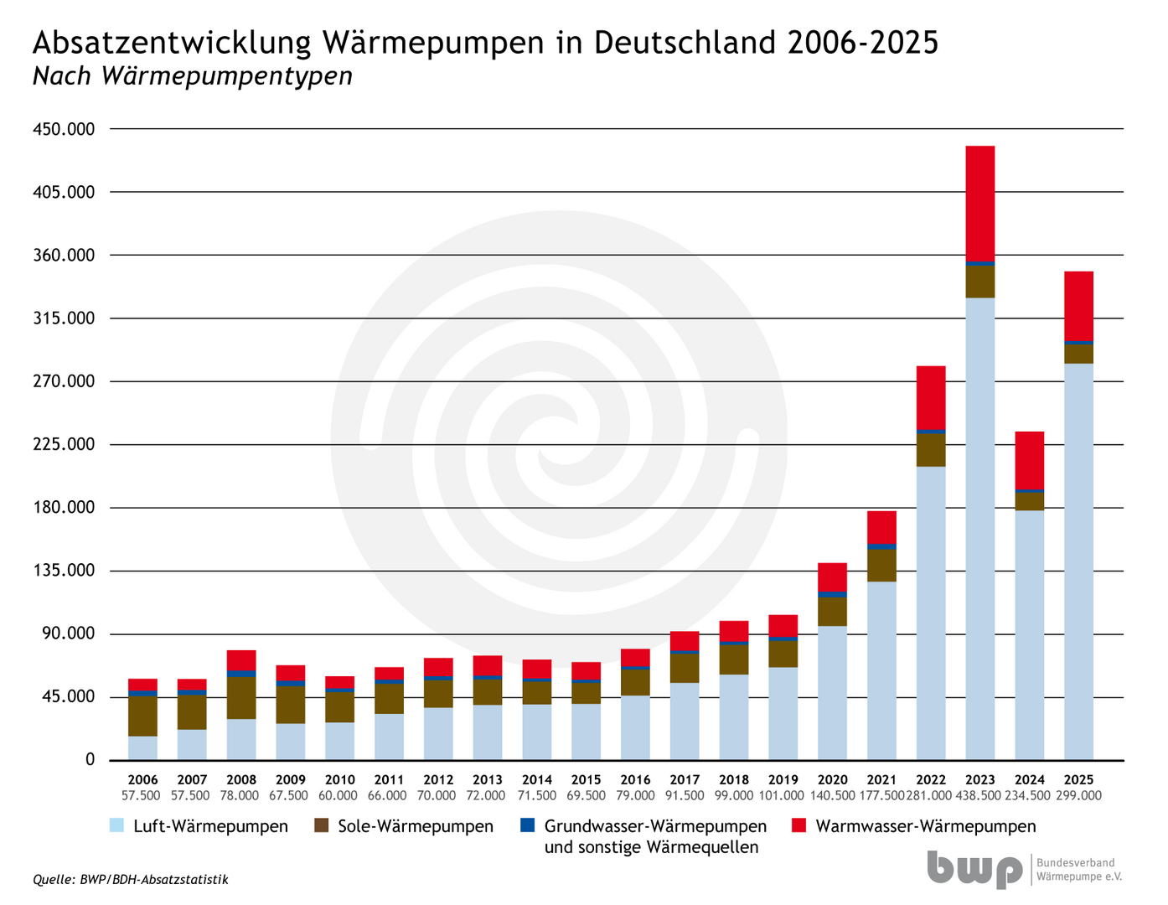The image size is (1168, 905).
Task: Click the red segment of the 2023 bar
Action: click(x=979, y=204)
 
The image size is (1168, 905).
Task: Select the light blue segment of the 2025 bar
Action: click(x=1078, y=561)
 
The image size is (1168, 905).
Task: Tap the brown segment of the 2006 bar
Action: click(x=142, y=716)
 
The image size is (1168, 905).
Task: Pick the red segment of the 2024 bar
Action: click(x=1029, y=460)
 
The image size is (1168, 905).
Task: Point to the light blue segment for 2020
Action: click(x=832, y=693)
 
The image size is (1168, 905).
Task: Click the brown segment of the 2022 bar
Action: click(x=930, y=450)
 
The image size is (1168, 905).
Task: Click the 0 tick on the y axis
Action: click(x=90, y=760)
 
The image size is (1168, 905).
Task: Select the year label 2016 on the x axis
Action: click(x=635, y=780)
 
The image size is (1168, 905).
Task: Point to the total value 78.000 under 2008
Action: click(x=240, y=796)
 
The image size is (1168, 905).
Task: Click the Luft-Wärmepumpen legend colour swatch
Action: click(x=117, y=825)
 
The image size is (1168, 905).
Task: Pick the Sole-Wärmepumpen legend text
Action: click(x=416, y=826)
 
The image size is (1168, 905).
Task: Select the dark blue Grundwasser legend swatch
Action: click(x=527, y=825)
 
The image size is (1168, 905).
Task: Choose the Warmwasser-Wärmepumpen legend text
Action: click(x=926, y=826)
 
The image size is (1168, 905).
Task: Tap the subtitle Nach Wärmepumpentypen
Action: click(x=192, y=76)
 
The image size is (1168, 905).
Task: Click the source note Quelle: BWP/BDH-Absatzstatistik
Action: click(x=130, y=880)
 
